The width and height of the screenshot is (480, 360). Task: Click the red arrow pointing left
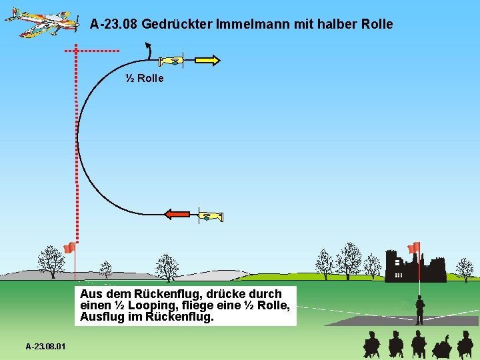click(x=177, y=214)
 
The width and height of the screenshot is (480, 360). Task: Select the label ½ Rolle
click(x=145, y=79)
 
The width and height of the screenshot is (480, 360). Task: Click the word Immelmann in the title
click(x=247, y=25)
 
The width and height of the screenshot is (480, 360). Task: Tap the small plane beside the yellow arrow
click(x=172, y=61)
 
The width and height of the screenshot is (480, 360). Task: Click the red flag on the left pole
click(x=69, y=248)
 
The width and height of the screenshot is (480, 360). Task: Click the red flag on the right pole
click(x=414, y=248)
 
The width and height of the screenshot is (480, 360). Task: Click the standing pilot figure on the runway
click(x=419, y=310)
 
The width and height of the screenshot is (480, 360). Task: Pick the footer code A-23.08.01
click(x=46, y=347)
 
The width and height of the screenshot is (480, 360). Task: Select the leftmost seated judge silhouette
click(x=371, y=345)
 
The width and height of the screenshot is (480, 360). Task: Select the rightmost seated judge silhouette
click(x=465, y=345)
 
